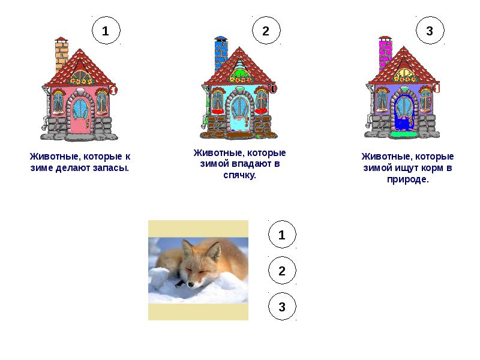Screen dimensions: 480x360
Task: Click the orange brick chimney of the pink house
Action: (61, 54)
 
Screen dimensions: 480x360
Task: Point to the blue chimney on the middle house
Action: (221, 53)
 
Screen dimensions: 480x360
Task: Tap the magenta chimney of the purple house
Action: (385, 53)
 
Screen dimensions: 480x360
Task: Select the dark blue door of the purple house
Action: (403, 113)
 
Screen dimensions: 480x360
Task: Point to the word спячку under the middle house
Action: (239, 175)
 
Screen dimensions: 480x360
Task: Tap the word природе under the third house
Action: (408, 179)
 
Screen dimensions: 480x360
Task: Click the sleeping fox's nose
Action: (191, 284)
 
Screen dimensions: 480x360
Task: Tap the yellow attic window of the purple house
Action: (404, 74)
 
